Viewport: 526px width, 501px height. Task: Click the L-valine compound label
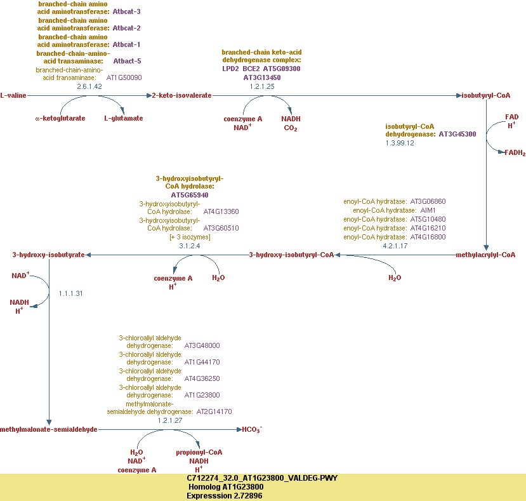click(13, 95)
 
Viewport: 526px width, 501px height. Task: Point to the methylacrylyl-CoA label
click(485, 255)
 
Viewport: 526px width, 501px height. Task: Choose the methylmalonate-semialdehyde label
click(49, 429)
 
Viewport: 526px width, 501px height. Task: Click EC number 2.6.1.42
click(89, 86)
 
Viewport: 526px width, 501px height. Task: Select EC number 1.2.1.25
click(262, 86)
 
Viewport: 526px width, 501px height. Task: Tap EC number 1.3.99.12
click(400, 143)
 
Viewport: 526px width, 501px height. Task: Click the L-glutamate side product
click(124, 118)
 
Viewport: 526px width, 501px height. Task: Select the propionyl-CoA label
click(199, 452)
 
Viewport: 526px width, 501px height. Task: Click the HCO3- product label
click(252, 429)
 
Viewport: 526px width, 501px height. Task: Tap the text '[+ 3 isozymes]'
click(190, 237)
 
